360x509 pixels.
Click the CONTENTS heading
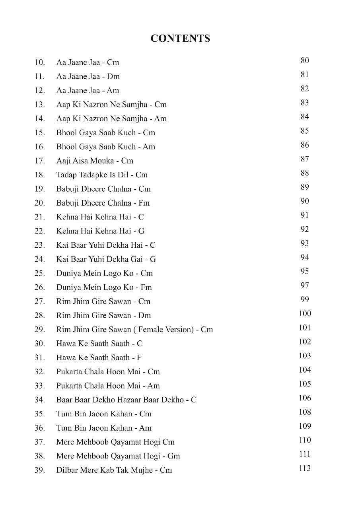click(x=180, y=38)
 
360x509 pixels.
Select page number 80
click(x=305, y=60)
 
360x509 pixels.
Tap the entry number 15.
click(x=39, y=133)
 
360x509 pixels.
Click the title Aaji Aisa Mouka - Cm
click(x=95, y=161)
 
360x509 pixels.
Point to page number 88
click(x=305, y=173)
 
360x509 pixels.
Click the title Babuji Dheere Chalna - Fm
click(x=103, y=203)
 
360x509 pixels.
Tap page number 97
click(x=305, y=286)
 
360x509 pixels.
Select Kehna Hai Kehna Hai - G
click(x=100, y=231)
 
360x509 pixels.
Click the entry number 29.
click(x=39, y=330)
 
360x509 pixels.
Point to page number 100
click(x=305, y=314)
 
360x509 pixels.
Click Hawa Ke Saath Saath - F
click(x=99, y=358)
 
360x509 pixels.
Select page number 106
click(x=305, y=398)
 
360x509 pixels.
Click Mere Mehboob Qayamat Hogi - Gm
click(x=118, y=456)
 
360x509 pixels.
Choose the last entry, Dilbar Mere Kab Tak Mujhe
click(x=114, y=470)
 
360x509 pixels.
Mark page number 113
click(x=305, y=468)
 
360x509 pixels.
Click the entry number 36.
click(x=39, y=428)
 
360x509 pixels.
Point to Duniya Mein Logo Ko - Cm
click(x=105, y=274)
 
